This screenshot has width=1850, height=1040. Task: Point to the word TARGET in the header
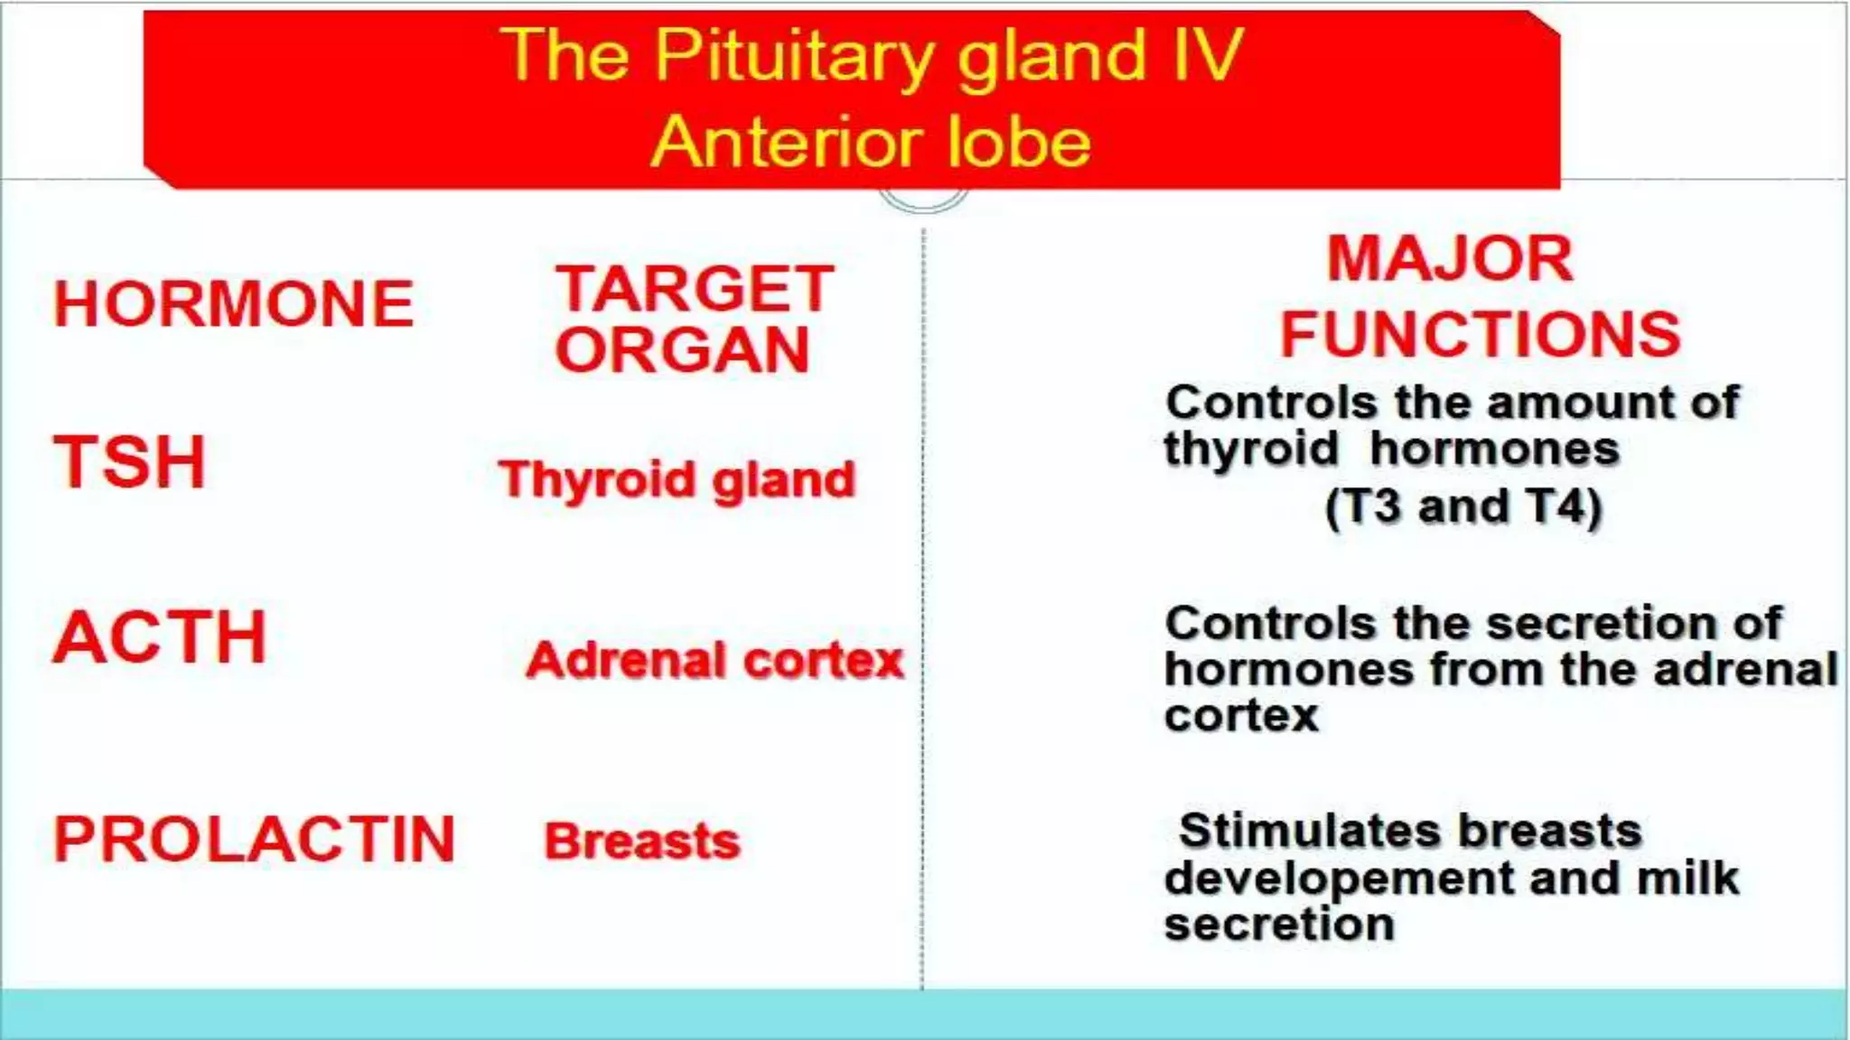(x=695, y=289)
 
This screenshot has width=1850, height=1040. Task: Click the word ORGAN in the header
(x=683, y=350)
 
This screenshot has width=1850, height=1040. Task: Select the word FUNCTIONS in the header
(x=1480, y=334)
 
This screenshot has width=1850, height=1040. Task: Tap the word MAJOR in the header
(x=1450, y=259)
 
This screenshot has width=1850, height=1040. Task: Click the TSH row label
(x=130, y=462)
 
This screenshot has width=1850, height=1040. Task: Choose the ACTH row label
(x=160, y=637)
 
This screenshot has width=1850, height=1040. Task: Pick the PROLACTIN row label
(x=254, y=840)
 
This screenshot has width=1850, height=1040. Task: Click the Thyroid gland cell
(x=677, y=479)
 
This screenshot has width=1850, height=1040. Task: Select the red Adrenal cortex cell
(x=715, y=660)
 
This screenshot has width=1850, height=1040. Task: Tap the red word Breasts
(x=641, y=841)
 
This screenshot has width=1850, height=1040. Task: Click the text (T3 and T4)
(x=1462, y=506)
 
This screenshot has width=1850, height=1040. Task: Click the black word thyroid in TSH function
(x=1250, y=450)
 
